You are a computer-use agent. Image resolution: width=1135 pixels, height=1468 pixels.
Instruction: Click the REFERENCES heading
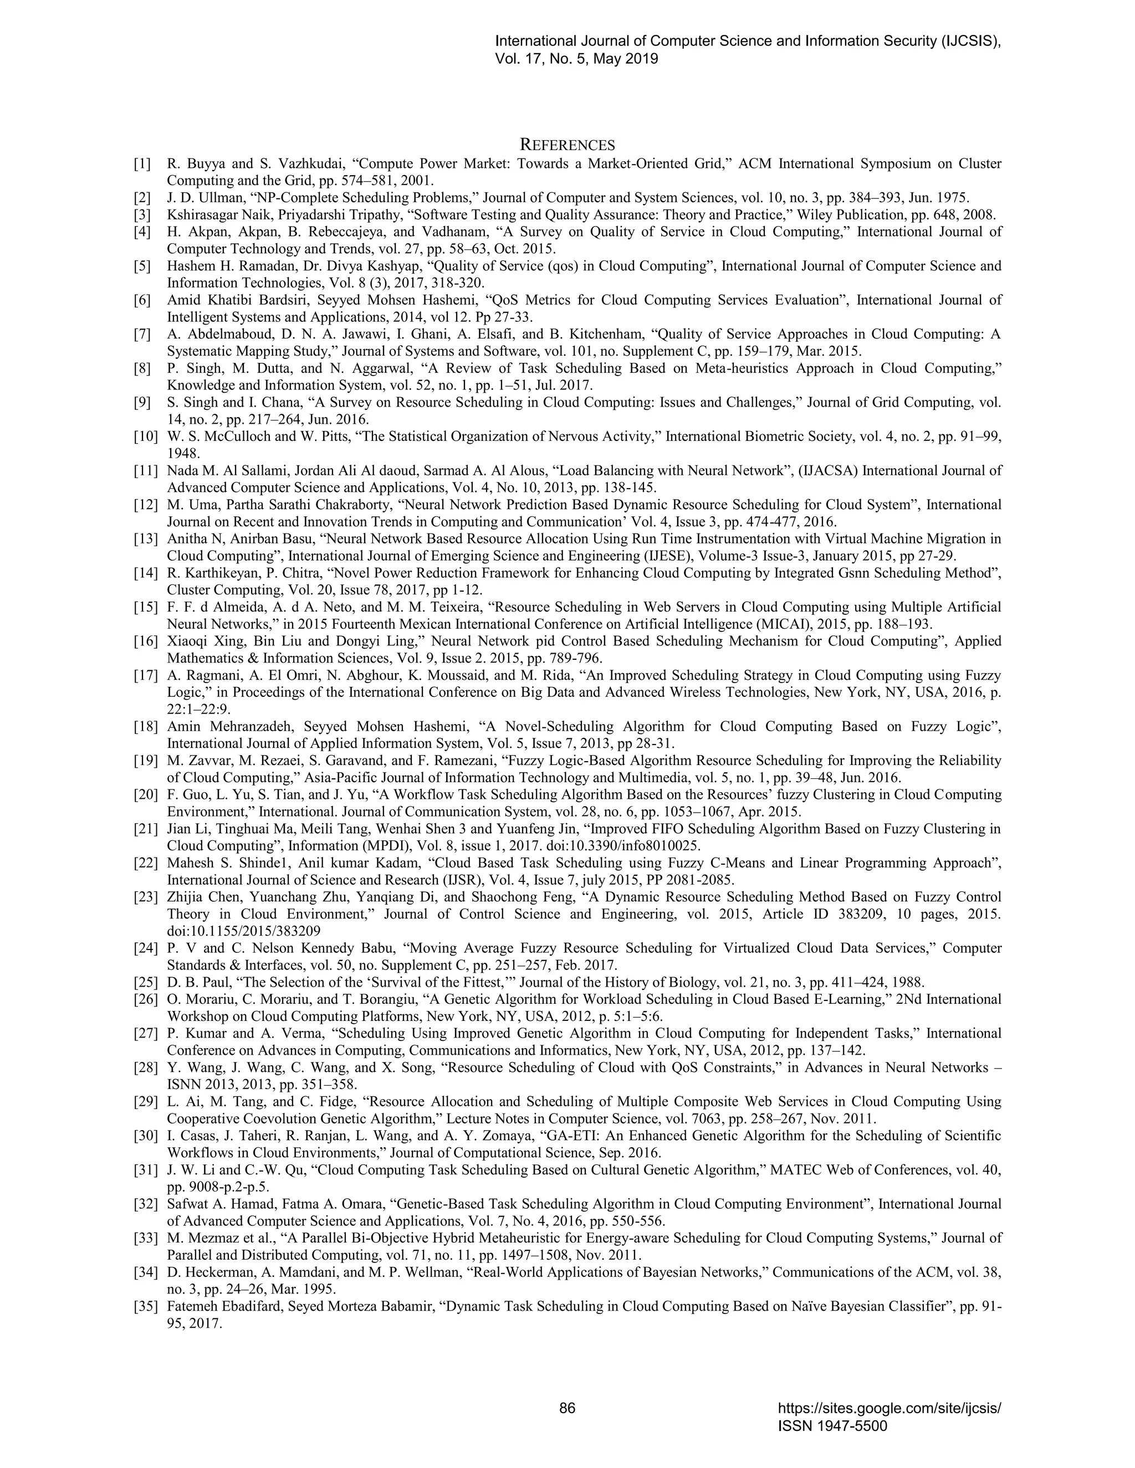[x=567, y=145]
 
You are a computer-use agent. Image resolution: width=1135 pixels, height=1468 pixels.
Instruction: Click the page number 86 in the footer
[x=567, y=1408]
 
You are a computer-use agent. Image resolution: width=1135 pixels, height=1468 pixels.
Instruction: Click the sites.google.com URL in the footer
[x=889, y=1408]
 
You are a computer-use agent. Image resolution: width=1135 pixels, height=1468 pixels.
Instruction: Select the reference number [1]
[x=142, y=164]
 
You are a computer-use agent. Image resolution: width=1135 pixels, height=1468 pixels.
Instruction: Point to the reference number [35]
[x=145, y=1307]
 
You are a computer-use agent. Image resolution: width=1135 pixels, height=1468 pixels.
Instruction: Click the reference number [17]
[x=145, y=675]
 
